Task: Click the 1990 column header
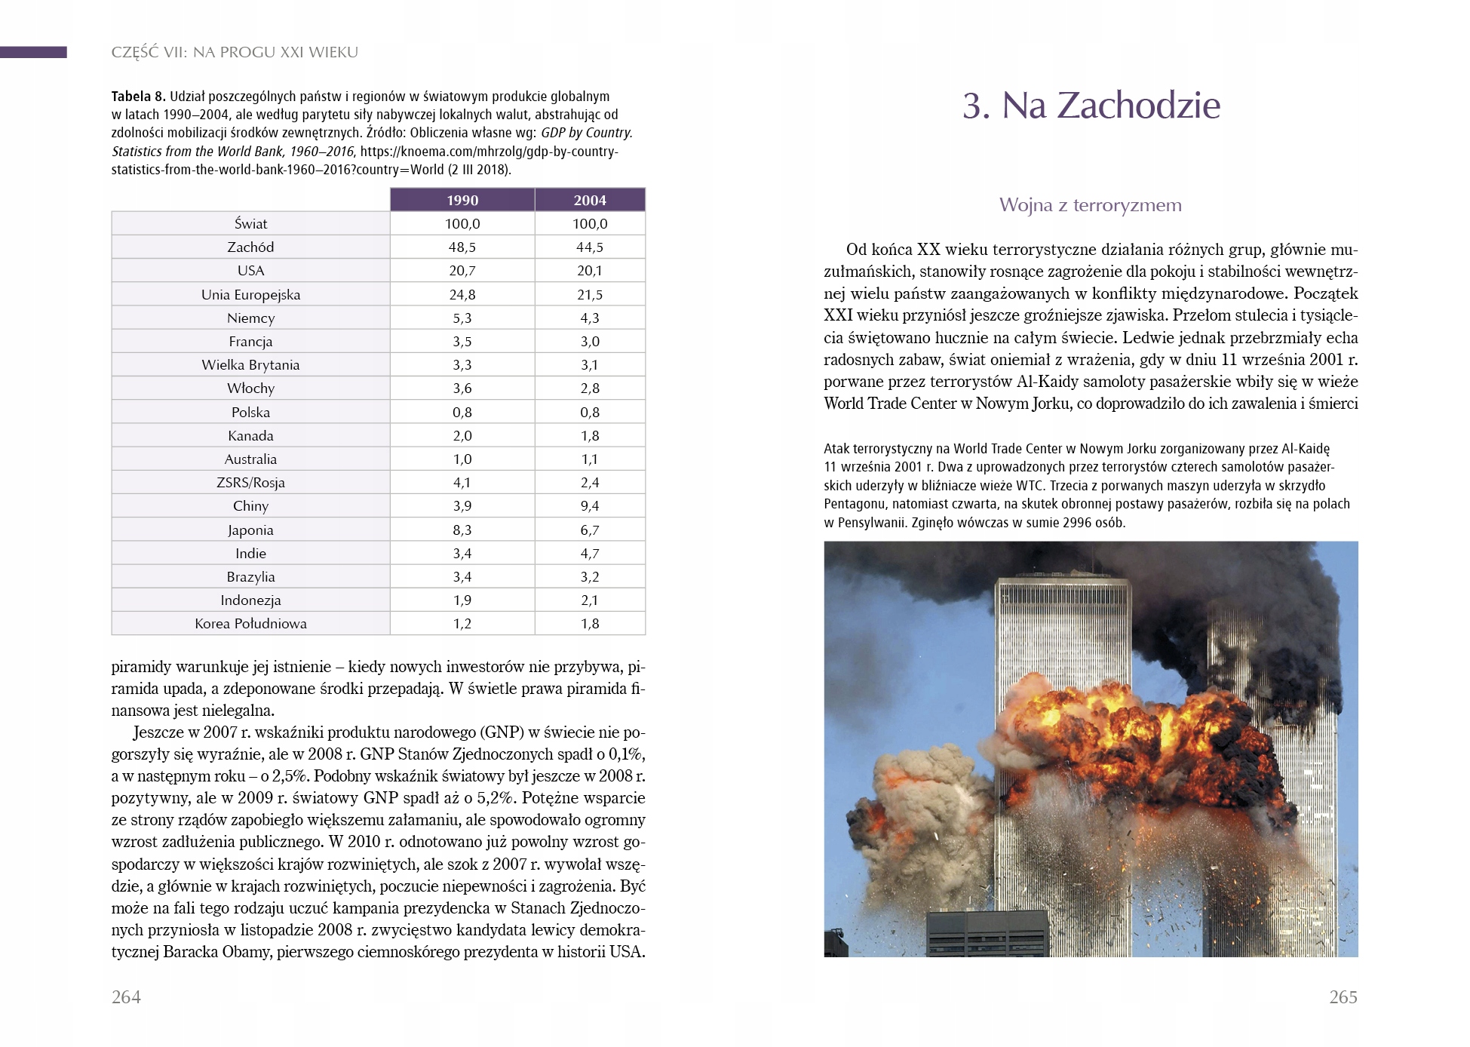pyautogui.click(x=462, y=200)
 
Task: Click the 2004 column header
pyautogui.click(x=590, y=200)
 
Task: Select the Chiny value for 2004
pyautogui.click(x=590, y=506)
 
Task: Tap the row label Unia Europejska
pyautogui.click(x=250, y=295)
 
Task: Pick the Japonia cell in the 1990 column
pyautogui.click(x=462, y=530)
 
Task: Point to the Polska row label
pyautogui.click(x=250, y=413)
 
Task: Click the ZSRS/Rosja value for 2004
pyautogui.click(x=590, y=483)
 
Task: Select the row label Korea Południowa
pyautogui.click(x=250, y=624)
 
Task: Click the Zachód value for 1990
pyautogui.click(x=462, y=247)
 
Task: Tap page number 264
pyautogui.click(x=126, y=997)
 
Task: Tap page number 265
pyautogui.click(x=1343, y=997)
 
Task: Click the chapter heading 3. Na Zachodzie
pyautogui.click(x=1091, y=106)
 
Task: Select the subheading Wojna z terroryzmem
pyautogui.click(x=1090, y=205)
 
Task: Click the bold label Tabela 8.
pyautogui.click(x=138, y=97)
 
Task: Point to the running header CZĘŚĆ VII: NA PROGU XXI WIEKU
pyautogui.click(x=235, y=53)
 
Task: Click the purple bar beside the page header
pyautogui.click(x=33, y=52)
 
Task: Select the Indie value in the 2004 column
pyautogui.click(x=590, y=554)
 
